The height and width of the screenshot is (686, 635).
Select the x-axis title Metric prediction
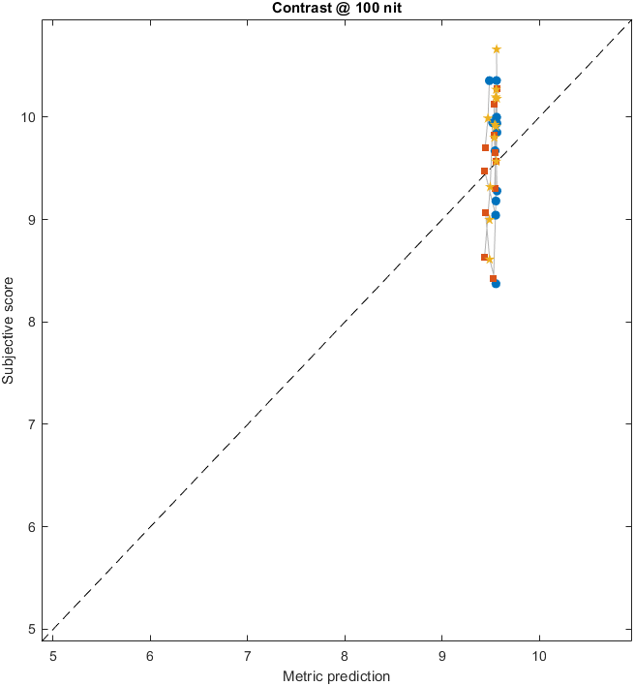click(336, 675)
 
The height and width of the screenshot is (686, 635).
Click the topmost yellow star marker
click(497, 49)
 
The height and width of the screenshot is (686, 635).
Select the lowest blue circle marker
click(496, 283)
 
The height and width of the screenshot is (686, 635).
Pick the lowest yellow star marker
click(489, 260)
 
